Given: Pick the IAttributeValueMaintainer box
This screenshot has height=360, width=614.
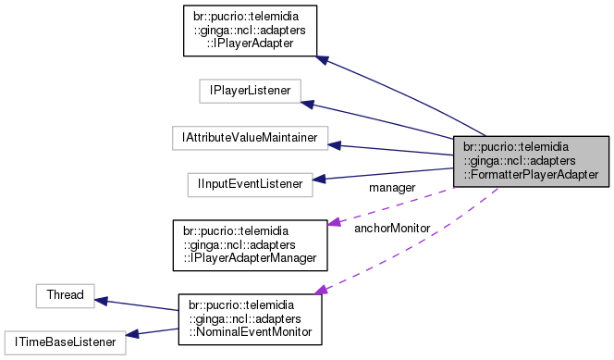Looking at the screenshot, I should [x=250, y=138].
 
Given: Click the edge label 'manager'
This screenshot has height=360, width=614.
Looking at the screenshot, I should [x=392, y=188].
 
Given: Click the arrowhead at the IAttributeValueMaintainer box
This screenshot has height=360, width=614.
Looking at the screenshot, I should [x=336, y=144].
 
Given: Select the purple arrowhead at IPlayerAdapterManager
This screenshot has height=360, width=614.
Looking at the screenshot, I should [x=337, y=219].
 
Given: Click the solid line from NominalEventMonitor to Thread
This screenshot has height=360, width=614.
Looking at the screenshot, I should [x=139, y=306].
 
